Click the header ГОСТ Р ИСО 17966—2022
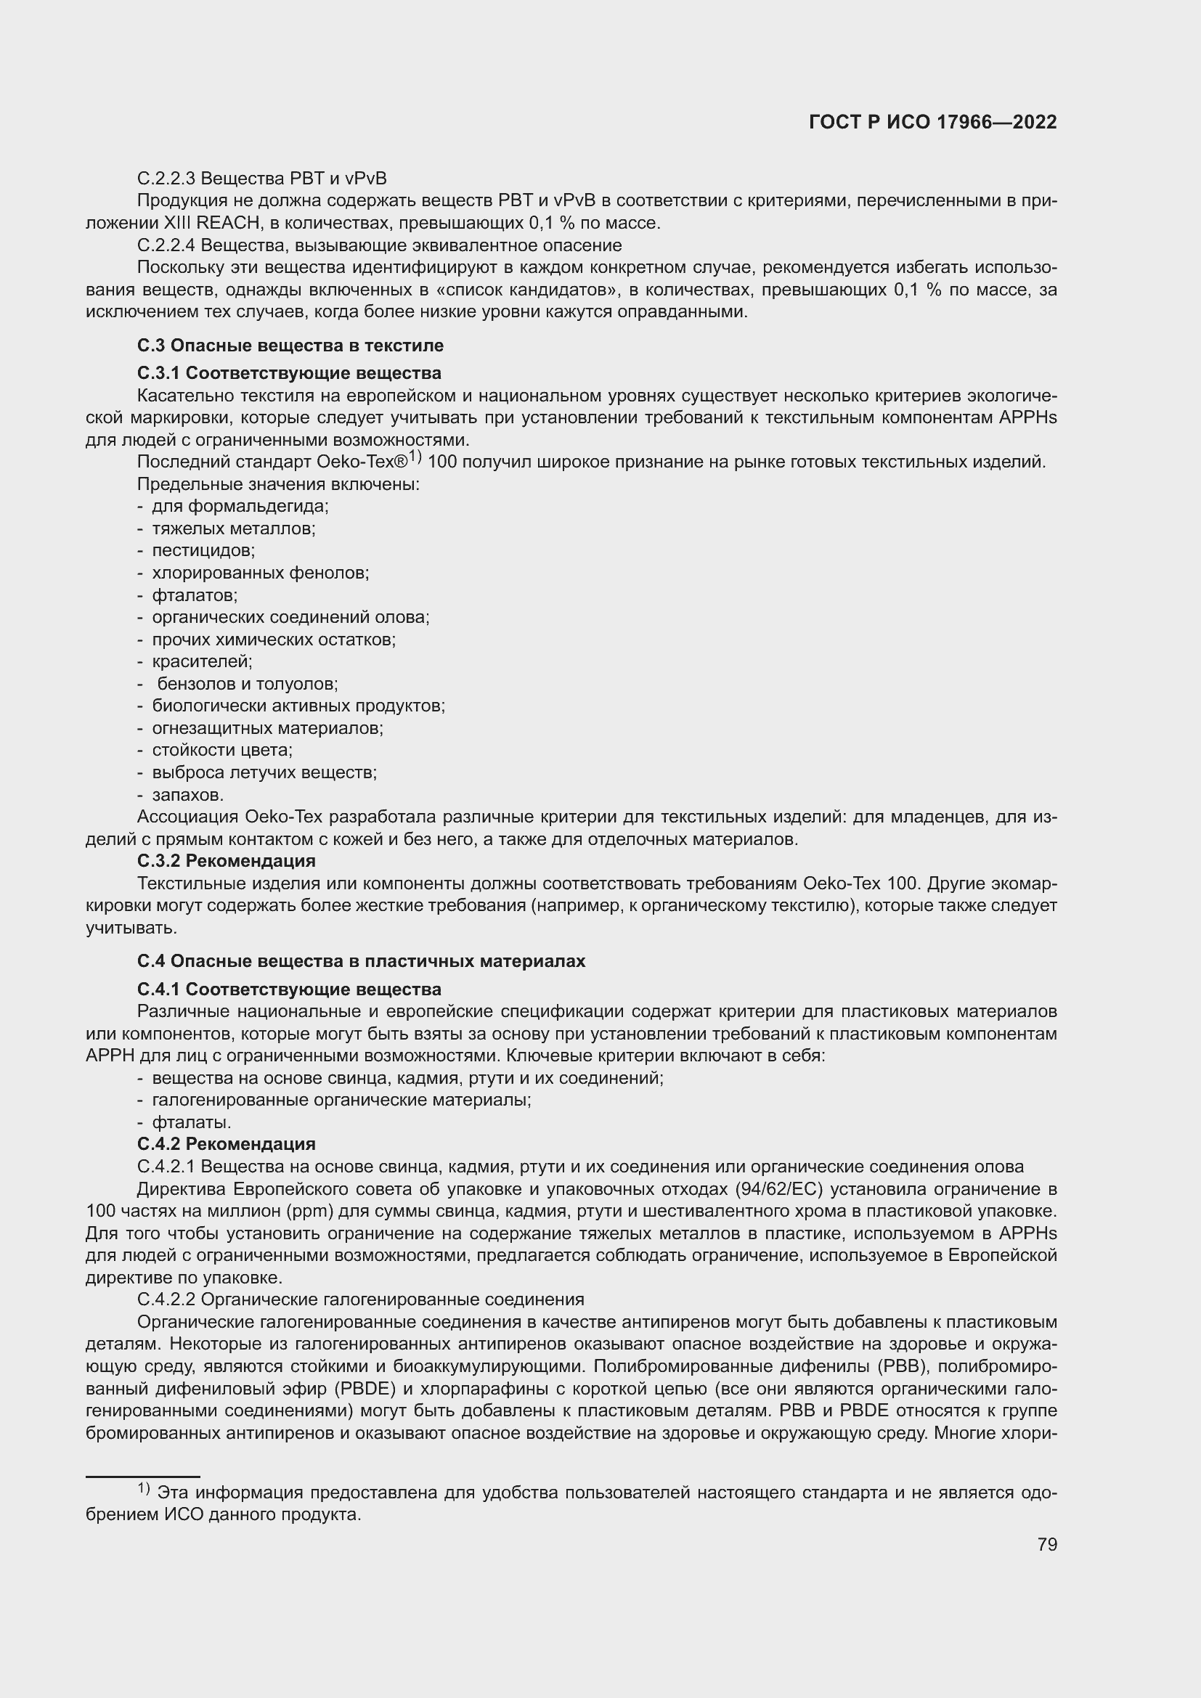pos(933,123)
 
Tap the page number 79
pos(1046,1544)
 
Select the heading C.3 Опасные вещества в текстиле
pos(290,346)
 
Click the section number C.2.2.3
pos(166,179)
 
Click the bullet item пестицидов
pos(203,551)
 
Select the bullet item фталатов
pos(195,595)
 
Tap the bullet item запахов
pos(188,795)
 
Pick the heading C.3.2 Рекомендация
pos(227,861)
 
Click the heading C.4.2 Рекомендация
pos(227,1144)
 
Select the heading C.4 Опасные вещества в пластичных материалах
pos(361,961)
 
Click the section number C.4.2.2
pos(166,1299)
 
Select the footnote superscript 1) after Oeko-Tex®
pos(414,457)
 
